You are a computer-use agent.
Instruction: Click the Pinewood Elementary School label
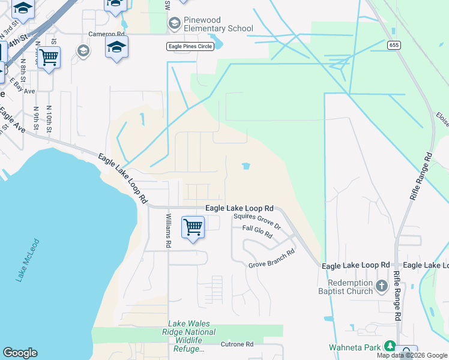coord(218,24)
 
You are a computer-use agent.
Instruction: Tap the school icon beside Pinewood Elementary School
coord(175,24)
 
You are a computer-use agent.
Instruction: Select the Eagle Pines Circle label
coord(190,47)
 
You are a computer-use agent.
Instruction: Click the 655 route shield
coord(393,45)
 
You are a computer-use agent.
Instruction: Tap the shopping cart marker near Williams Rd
coord(193,228)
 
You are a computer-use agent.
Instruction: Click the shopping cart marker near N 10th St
coord(49,58)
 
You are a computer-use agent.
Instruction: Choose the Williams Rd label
coord(169,231)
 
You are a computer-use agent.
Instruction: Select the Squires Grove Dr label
coord(258,221)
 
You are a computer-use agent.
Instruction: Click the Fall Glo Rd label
coord(258,232)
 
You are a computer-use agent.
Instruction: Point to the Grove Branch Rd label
coord(272,259)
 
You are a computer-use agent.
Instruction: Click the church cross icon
coord(382,287)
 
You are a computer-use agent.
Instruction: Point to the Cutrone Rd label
coord(237,344)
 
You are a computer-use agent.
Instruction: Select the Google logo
coord(20,353)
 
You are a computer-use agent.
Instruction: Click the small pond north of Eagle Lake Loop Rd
coord(246,166)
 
